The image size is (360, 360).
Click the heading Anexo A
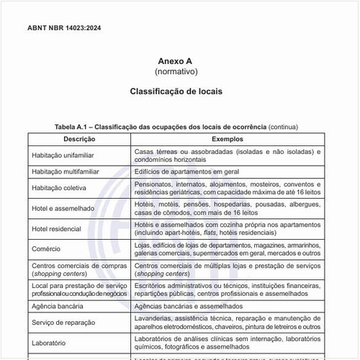[x=176, y=62]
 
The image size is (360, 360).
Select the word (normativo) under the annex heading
[x=176, y=73]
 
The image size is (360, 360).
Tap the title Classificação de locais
[x=176, y=92]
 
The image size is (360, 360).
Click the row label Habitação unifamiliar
[x=66, y=155]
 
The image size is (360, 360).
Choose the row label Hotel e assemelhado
[x=63, y=209]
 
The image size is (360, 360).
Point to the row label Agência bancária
[x=60, y=306]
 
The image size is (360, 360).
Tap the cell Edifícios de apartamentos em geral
[x=186, y=172]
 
